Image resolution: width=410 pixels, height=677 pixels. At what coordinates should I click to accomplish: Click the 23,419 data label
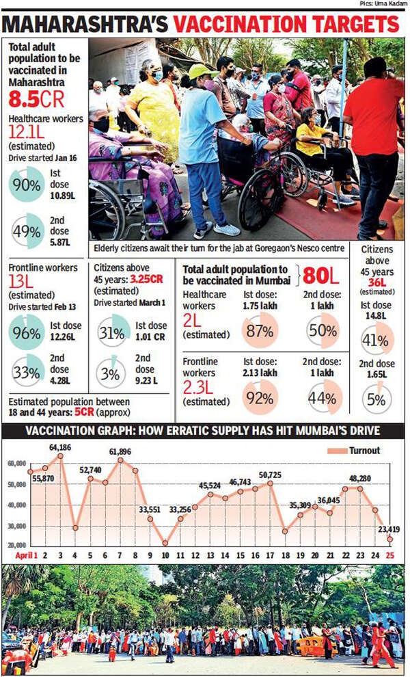pyautogui.click(x=387, y=528)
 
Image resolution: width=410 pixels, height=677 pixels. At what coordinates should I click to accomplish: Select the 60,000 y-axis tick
pyautogui.click(x=16, y=464)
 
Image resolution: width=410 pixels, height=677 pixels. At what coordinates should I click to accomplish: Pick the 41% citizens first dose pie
pyautogui.click(x=377, y=337)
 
